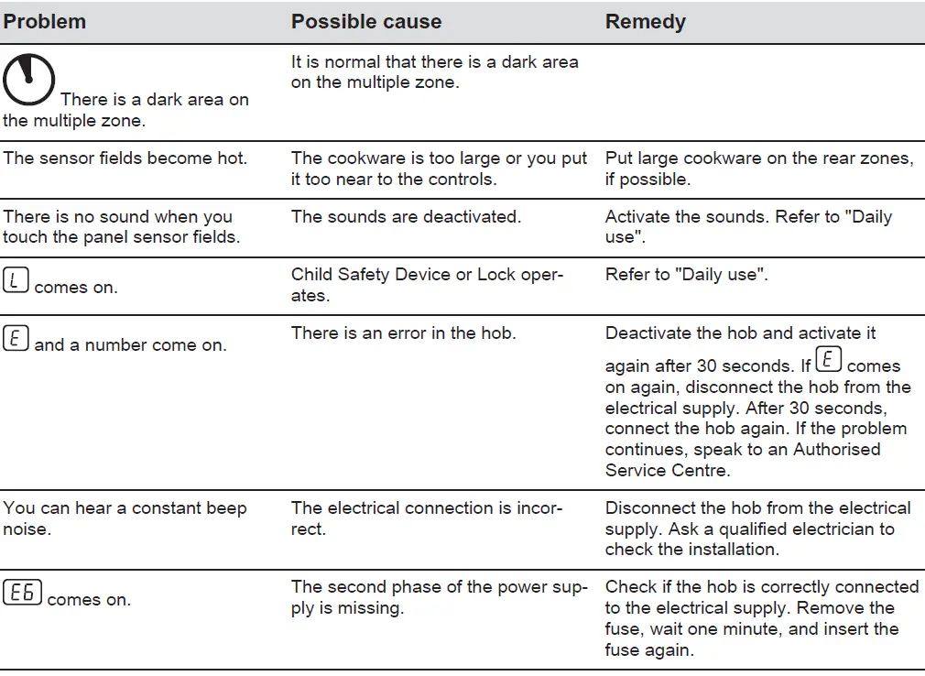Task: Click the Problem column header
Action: pyautogui.click(x=44, y=22)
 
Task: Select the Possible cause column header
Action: pyautogui.click(x=365, y=22)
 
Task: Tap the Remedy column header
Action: pyautogui.click(x=645, y=22)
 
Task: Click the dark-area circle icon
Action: pyautogui.click(x=28, y=80)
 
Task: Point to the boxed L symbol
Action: pyautogui.click(x=16, y=281)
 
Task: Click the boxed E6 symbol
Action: pyautogui.click(x=23, y=594)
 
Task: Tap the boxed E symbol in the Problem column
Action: pyautogui.click(x=16, y=339)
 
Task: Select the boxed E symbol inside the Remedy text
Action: pyautogui.click(x=828, y=359)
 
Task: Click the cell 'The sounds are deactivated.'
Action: pyautogui.click(x=405, y=217)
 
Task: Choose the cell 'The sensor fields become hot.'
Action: pyautogui.click(x=125, y=158)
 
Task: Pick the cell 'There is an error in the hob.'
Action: pyautogui.click(x=403, y=333)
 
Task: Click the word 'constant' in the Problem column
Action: pyautogui.click(x=169, y=507)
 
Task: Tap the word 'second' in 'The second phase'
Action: pyautogui.click(x=356, y=587)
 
